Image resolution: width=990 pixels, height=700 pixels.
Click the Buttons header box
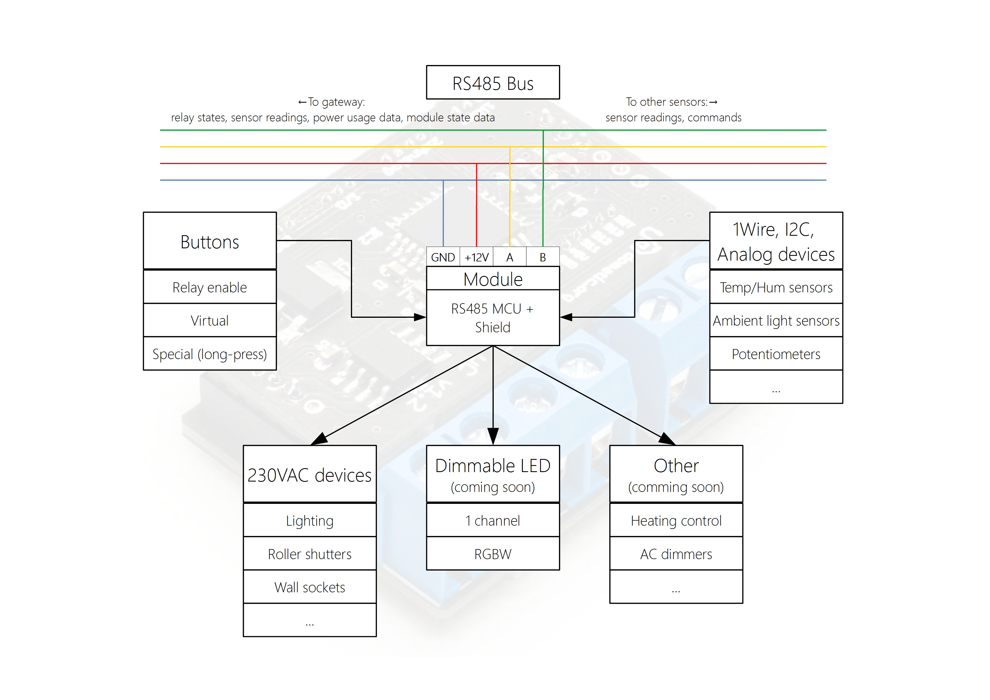(209, 242)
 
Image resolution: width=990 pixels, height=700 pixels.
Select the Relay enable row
(209, 287)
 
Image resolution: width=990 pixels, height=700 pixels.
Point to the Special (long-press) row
(209, 354)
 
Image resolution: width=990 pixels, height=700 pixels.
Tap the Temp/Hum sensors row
(776, 287)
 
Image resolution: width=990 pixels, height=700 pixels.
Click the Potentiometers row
(776, 354)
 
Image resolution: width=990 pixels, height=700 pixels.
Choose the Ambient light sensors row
(776, 321)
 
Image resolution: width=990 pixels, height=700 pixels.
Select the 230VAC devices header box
(310, 474)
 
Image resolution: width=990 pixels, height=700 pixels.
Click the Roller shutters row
(310, 554)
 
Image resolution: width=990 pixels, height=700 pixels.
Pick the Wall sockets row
(310, 587)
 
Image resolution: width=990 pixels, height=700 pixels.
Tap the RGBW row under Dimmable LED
(493, 554)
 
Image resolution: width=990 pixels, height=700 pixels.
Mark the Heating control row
(676, 521)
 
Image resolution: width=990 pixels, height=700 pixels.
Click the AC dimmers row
(676, 554)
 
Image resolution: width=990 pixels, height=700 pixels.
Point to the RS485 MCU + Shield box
(493, 318)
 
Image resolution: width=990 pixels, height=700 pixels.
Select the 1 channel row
(493, 521)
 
